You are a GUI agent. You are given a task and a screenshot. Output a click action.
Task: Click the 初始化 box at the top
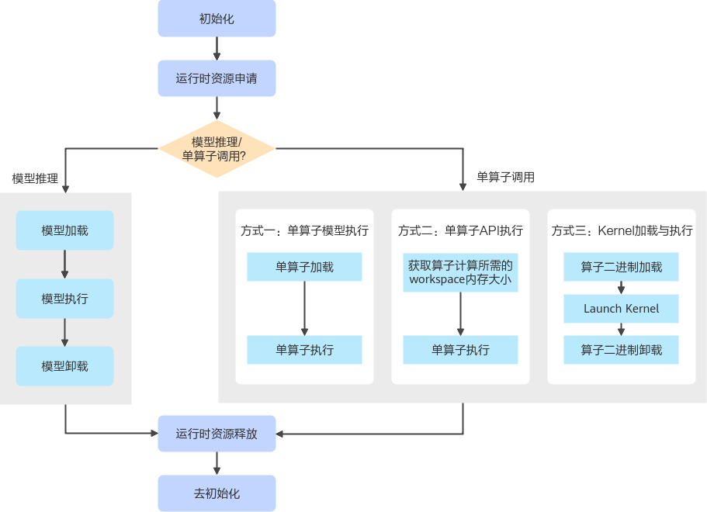[217, 19]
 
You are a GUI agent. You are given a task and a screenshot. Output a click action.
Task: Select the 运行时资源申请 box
[217, 78]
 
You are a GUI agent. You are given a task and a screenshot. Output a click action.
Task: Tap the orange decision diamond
[217, 148]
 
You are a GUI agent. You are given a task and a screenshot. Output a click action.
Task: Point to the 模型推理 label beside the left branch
[35, 178]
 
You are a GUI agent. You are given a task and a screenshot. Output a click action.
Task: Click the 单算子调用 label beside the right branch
[505, 177]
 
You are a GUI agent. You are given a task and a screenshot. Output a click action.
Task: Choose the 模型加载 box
[64, 230]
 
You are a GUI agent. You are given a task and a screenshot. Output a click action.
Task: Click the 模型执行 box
[64, 299]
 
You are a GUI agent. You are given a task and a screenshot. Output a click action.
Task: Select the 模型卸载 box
[64, 366]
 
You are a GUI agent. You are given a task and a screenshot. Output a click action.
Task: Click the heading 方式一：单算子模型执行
[304, 230]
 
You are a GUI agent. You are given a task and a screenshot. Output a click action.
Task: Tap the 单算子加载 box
[304, 267]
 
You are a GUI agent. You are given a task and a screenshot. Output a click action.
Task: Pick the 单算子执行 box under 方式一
[304, 350]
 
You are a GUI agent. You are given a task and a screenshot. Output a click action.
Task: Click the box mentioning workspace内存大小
[460, 272]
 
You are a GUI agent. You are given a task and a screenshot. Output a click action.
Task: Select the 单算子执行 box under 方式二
[460, 350]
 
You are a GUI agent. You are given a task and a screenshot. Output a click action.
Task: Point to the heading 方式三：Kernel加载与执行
[622, 230]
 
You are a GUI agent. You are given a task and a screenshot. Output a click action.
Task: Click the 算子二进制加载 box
[621, 267]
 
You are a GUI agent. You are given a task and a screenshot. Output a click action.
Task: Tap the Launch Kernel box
[621, 309]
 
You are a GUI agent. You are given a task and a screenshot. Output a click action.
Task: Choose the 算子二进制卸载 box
[621, 350]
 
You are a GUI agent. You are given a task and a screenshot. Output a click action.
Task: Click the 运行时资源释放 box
[217, 434]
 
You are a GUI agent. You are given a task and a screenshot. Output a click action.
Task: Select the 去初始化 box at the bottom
[217, 493]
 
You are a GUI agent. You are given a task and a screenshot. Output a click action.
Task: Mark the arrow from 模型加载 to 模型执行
[64, 265]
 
